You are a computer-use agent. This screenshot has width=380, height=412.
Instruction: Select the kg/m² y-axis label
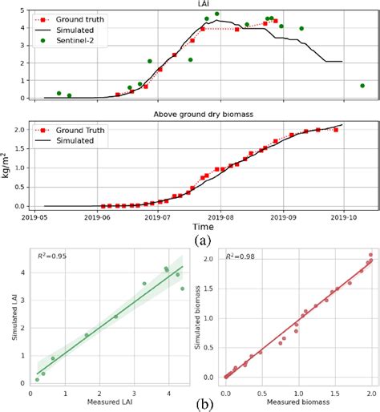tap(7, 164)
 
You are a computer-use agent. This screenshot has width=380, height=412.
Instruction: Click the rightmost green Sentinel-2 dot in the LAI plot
tap(362, 85)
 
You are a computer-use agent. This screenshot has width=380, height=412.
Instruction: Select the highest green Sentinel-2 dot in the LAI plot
tap(216, 14)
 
